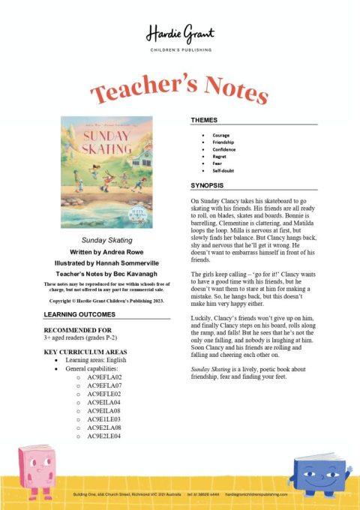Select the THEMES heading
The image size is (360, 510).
[205, 119]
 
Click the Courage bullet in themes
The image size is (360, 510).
[221, 135]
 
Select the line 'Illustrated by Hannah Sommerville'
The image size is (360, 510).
[106, 264]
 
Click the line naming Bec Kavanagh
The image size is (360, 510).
[106, 276]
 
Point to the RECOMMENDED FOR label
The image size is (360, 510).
[78, 330]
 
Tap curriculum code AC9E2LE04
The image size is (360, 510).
[104, 436]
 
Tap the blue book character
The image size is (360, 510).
[321, 472]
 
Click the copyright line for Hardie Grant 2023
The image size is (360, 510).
[106, 299]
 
